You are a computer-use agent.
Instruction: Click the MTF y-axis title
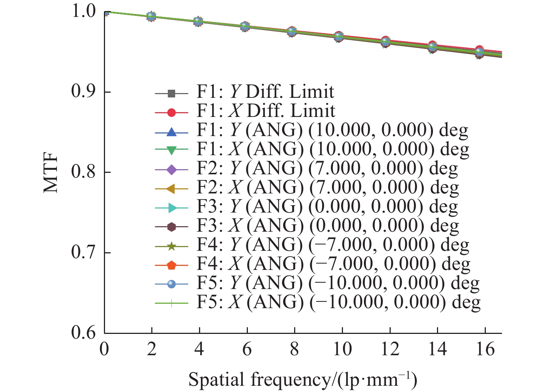pyautogui.click(x=51, y=172)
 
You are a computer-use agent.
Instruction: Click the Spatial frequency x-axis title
pyautogui.click(x=303, y=380)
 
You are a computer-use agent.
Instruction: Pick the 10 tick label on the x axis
pyautogui.click(x=342, y=349)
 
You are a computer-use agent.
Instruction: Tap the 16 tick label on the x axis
pyautogui.click(x=485, y=349)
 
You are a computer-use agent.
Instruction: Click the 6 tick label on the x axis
pyautogui.click(x=246, y=349)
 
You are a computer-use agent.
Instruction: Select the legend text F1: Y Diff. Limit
pyautogui.click(x=265, y=92)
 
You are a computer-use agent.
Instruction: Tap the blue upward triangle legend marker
pyautogui.click(x=171, y=131)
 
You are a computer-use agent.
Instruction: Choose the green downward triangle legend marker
pyautogui.click(x=171, y=150)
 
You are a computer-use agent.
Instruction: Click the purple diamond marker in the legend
pyautogui.click(x=171, y=170)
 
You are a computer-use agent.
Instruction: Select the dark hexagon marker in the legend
pyautogui.click(x=171, y=227)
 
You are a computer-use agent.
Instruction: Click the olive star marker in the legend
pyautogui.click(x=171, y=246)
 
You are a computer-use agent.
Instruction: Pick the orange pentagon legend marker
pyautogui.click(x=171, y=265)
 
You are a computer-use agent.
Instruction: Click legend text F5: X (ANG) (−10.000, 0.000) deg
pyautogui.click(x=338, y=302)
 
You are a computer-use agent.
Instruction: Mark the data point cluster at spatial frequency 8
pyautogui.click(x=292, y=31)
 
